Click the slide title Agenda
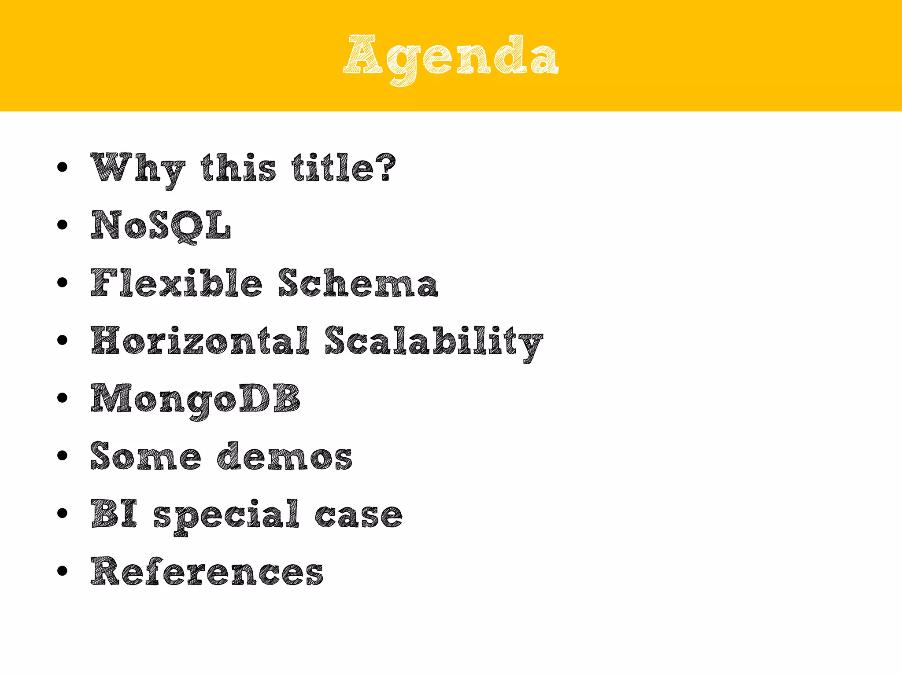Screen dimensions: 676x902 click(451, 57)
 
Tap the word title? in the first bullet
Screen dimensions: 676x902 click(344, 168)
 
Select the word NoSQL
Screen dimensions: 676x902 click(161, 225)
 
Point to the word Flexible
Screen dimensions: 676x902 click(176, 283)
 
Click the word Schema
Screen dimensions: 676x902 click(358, 283)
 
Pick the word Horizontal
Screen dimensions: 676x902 click(200, 341)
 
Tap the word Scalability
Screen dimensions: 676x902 click(434, 342)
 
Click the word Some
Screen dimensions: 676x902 click(146, 456)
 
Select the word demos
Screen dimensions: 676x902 click(285, 456)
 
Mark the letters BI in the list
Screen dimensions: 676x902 click(114, 514)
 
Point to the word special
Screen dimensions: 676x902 click(226, 515)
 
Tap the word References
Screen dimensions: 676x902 click(207, 571)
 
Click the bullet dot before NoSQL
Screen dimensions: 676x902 click(63, 225)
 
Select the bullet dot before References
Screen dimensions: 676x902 click(63, 571)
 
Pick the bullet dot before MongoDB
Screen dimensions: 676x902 click(63, 398)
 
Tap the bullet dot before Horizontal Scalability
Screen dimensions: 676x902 click(63, 340)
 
